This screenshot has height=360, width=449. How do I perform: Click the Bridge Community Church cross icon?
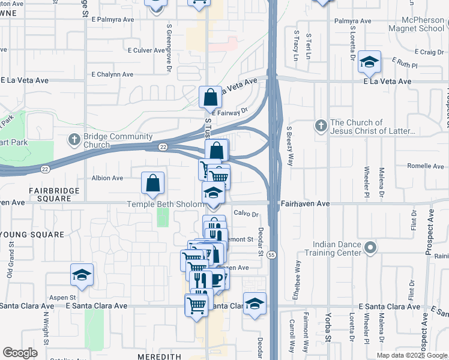[74, 140]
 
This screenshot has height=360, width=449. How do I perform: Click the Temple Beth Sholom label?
[165, 204]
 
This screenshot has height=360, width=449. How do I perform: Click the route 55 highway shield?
[272, 255]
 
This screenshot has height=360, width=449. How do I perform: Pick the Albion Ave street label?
[107, 178]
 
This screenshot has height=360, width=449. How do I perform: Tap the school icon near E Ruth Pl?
[369, 61]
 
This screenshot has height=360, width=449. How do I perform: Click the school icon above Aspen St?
[82, 275]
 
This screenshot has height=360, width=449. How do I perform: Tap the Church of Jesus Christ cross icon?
[321, 126]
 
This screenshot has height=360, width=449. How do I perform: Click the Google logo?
[20, 353]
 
